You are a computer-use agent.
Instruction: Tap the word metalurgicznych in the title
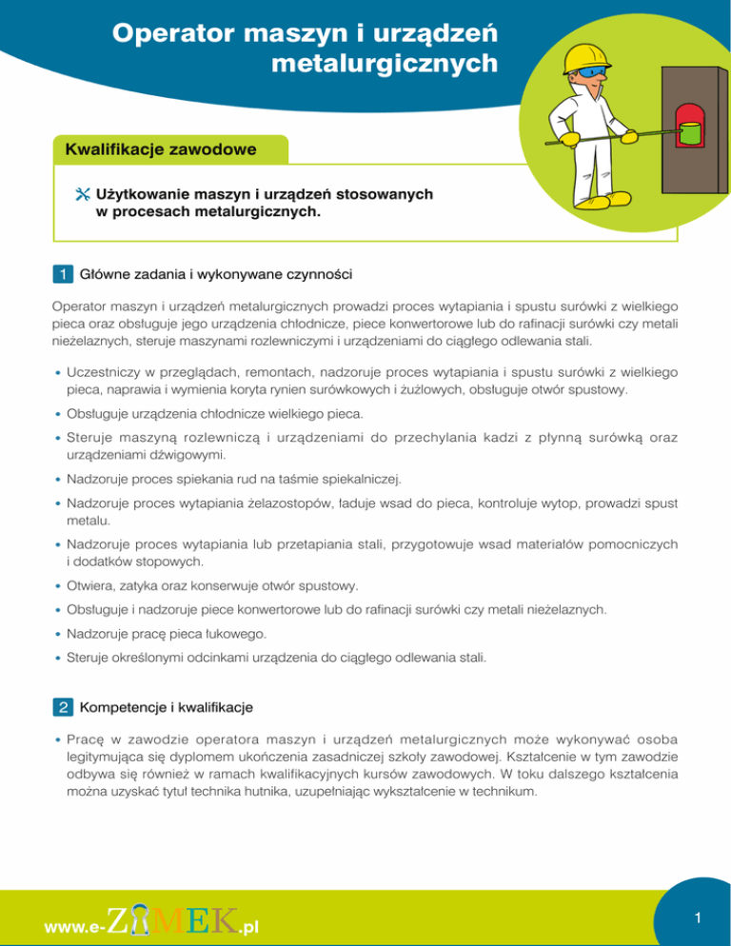pyautogui.click(x=384, y=65)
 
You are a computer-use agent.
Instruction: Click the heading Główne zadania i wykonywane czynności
pyautogui.click(x=218, y=276)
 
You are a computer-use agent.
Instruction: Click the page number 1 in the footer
pyautogui.click(x=696, y=918)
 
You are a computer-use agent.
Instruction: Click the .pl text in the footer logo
pyautogui.click(x=249, y=925)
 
